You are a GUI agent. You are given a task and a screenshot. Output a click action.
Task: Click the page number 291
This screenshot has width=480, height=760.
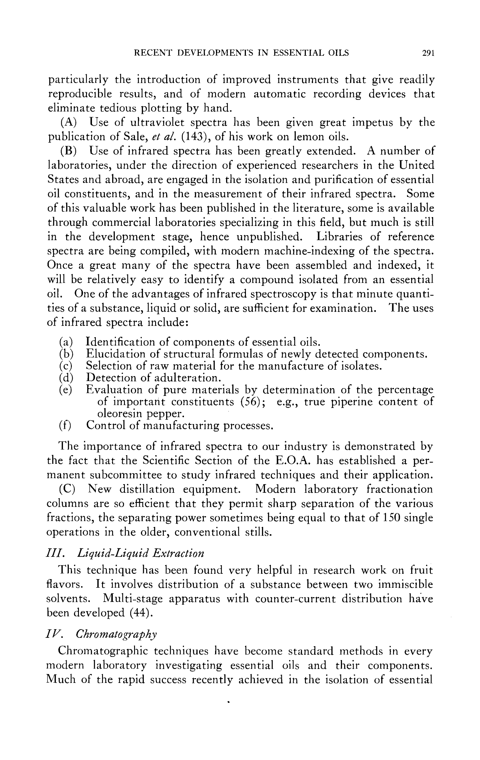(x=428, y=53)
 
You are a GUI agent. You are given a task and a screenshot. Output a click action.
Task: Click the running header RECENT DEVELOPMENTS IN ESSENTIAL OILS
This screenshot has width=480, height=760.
(x=241, y=53)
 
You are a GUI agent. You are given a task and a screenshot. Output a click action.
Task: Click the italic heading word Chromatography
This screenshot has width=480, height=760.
(x=116, y=634)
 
